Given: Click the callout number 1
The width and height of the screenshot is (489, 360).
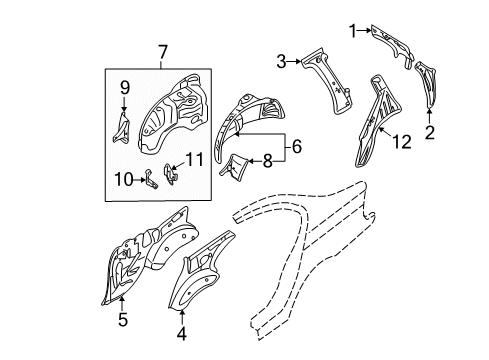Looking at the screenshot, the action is click(x=353, y=31).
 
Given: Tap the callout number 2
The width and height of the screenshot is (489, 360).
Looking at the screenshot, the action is click(x=430, y=132).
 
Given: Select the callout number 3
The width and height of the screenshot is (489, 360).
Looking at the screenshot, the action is click(x=281, y=62).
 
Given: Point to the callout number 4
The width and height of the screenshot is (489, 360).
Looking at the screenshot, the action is click(x=182, y=334).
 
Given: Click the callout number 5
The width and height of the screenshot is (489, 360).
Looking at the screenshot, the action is click(x=123, y=320).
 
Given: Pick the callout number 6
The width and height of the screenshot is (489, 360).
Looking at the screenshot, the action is click(x=297, y=146).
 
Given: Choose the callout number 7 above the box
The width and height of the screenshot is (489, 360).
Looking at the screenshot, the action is click(x=162, y=52).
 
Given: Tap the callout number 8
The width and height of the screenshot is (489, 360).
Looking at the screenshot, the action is click(x=268, y=161).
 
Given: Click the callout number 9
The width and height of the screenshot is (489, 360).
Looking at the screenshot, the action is click(x=124, y=88).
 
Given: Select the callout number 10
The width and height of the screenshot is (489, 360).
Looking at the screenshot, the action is click(x=123, y=180).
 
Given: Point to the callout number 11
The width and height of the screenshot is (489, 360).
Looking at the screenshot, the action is click(x=194, y=160).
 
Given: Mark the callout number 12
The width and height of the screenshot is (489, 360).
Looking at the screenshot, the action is click(x=402, y=142).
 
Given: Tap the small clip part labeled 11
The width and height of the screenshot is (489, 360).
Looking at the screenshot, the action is click(x=170, y=174).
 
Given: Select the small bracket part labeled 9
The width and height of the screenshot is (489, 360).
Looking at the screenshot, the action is click(x=122, y=128).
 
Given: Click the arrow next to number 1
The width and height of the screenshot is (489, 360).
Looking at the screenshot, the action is click(x=364, y=31).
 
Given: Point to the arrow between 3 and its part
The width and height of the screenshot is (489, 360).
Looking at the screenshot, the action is click(x=294, y=61).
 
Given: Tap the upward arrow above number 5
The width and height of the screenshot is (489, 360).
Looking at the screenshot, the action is click(x=123, y=303).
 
